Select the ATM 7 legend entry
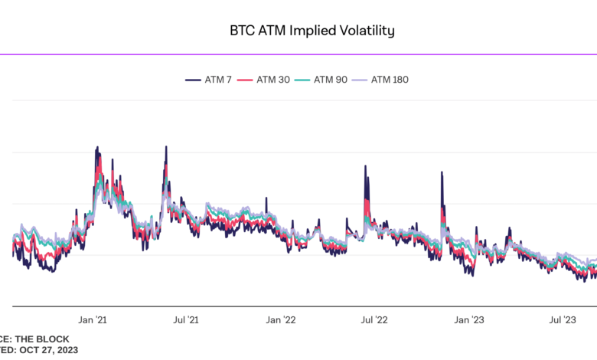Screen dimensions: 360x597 217,79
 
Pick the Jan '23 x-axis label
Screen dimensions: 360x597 468,319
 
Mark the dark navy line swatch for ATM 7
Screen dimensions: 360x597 191,79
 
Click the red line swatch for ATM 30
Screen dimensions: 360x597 246,79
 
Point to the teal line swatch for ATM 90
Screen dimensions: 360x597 305,79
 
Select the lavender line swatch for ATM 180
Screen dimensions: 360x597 361,79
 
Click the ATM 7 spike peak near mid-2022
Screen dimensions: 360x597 365,166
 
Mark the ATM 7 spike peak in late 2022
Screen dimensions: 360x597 442,172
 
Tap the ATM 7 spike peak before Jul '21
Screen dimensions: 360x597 166,146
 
